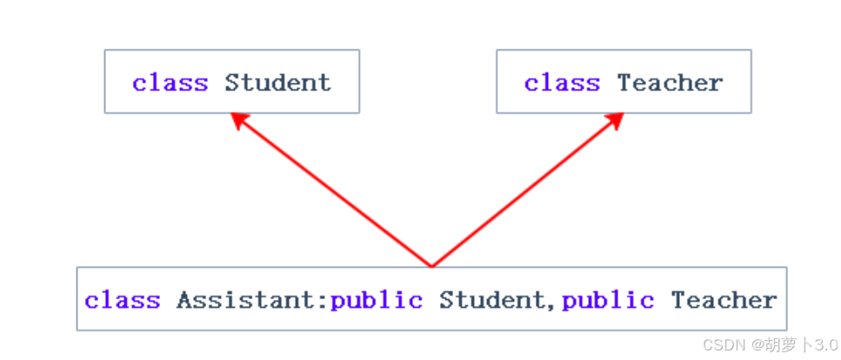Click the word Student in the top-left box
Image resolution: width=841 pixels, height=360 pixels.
coord(277,83)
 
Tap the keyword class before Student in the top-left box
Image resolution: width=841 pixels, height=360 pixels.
coord(170,83)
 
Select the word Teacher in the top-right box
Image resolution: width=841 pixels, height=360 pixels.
coord(670,83)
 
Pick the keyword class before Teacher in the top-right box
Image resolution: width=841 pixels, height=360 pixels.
coord(562,83)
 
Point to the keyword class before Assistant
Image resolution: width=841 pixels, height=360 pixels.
coord(123,301)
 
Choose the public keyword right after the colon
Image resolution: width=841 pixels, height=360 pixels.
coord(377,301)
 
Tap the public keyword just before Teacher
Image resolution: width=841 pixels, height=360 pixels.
coord(608,301)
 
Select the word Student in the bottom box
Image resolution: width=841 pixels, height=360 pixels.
coord(491,301)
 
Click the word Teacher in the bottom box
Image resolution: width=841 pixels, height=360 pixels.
coord(724,301)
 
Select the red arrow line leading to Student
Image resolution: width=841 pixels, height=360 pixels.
coord(335,193)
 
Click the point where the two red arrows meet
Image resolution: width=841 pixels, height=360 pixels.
coord(431,265)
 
